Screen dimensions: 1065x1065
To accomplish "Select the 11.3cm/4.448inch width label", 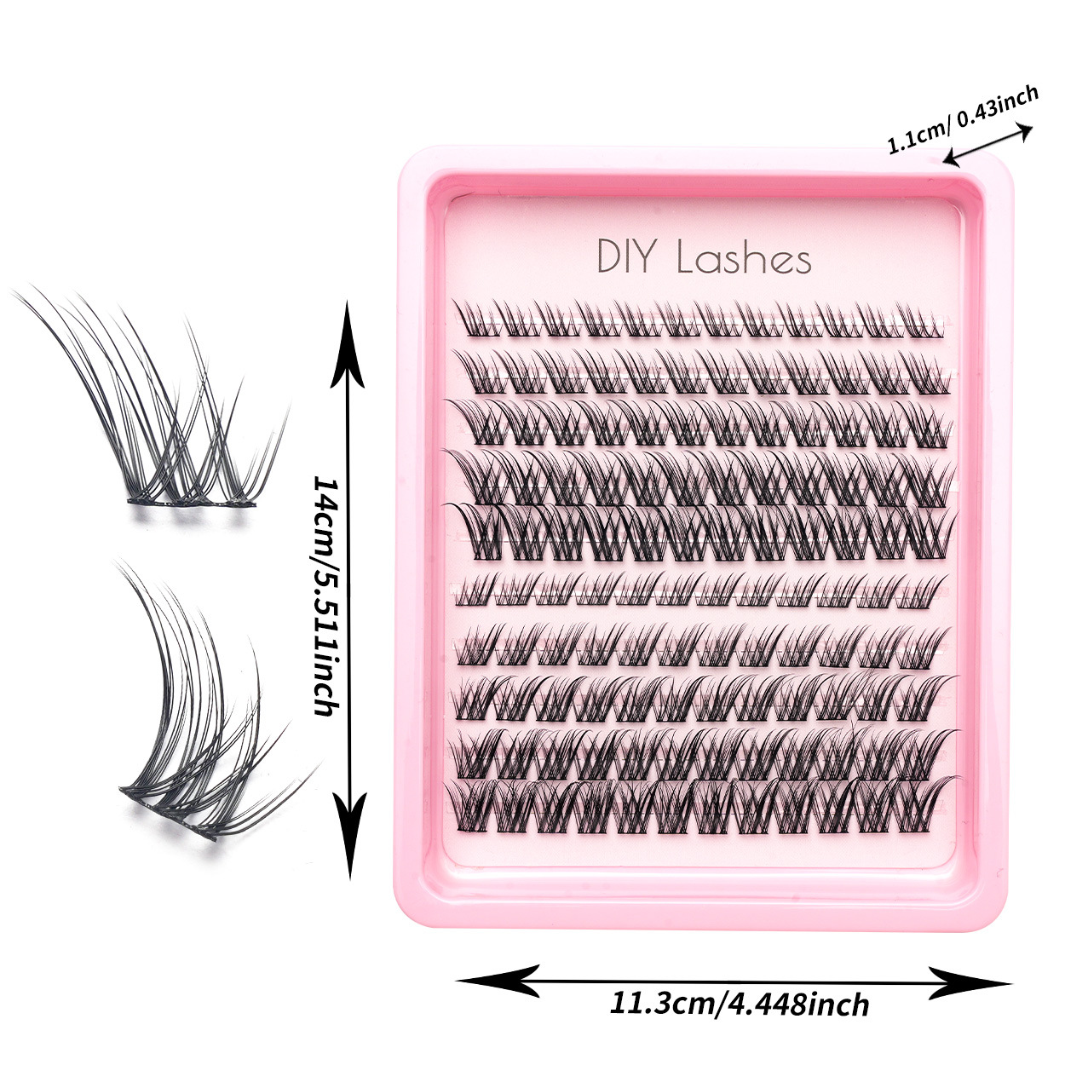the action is click(x=740, y=1003).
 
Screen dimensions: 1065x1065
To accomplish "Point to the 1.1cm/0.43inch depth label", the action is click(x=963, y=118).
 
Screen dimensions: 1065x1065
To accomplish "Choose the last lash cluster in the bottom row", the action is click(x=929, y=801).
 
